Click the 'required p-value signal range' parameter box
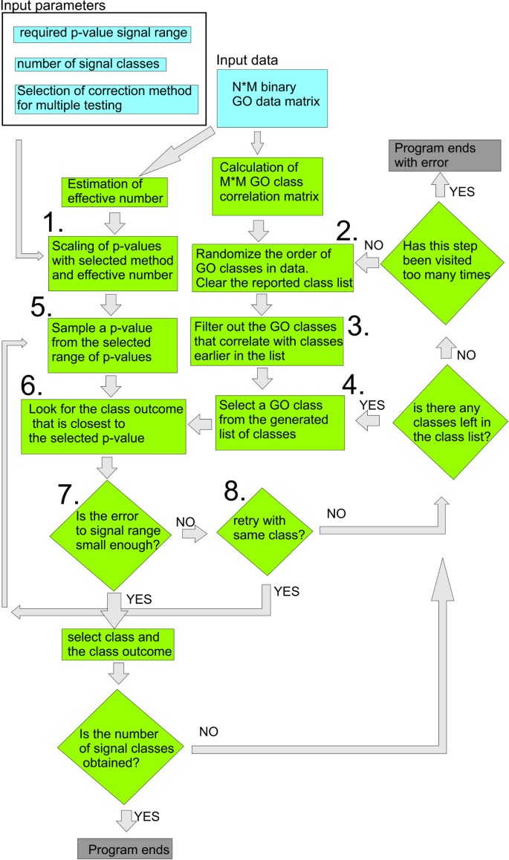(103, 33)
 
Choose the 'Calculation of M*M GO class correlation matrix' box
(267, 186)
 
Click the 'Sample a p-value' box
(111, 342)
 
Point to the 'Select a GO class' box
(281, 422)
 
